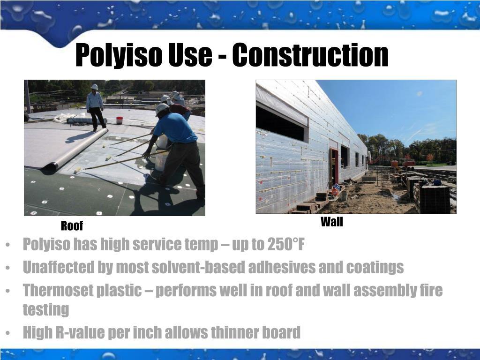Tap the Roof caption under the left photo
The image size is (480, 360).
point(72,226)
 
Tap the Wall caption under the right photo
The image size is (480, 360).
point(331,222)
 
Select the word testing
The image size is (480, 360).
point(45,309)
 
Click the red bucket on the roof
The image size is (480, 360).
point(120,120)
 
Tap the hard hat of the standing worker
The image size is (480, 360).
point(94,87)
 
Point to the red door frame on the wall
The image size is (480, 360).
point(335,166)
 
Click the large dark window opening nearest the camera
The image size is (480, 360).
point(281,123)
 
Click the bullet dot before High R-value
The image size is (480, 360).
point(10,333)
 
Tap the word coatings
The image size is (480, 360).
point(375,267)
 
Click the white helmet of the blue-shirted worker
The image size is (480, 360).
point(162,108)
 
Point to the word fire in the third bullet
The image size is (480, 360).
point(431,290)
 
